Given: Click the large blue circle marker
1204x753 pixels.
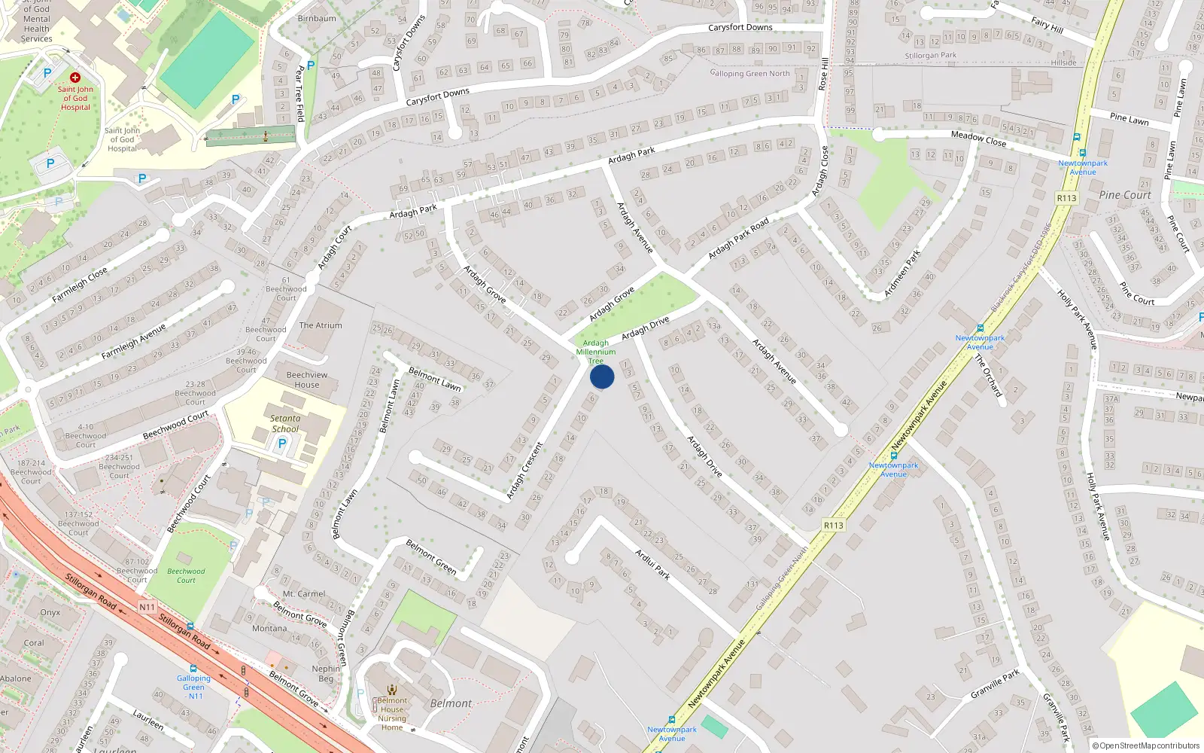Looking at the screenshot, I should coord(602,376).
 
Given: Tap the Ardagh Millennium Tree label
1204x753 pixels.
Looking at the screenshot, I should coord(595,352).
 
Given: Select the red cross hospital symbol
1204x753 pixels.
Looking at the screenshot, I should coord(75,78).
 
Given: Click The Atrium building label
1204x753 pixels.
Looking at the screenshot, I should coord(321,325).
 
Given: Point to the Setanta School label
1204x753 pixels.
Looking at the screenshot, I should coord(285,424).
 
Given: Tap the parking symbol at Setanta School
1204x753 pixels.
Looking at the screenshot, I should coord(282,444).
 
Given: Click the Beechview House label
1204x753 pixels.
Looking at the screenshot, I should coord(307,380).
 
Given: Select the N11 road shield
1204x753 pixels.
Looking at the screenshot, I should coord(147,607).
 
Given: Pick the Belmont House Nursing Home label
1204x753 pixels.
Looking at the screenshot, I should coord(392,714).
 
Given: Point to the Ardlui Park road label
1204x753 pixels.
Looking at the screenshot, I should coord(652,564).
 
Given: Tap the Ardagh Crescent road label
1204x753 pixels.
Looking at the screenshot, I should coord(524,471).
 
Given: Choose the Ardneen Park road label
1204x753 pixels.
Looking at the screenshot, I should coord(903,273).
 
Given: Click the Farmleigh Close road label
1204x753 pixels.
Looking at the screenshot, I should coord(80,285).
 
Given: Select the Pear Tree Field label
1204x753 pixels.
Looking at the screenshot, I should coord(300,93).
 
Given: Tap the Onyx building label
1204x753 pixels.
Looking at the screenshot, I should coord(50,612).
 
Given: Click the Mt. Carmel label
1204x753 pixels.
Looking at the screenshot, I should coord(304,594).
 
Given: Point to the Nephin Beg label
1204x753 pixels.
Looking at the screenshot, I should coord(326,673).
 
